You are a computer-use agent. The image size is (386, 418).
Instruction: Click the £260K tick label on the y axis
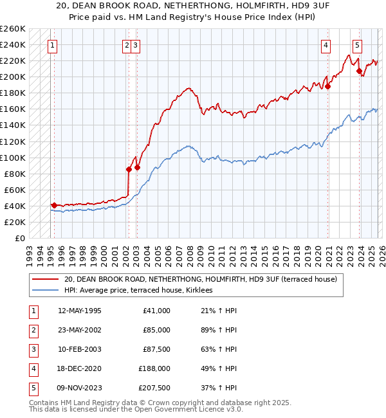tap(13, 29)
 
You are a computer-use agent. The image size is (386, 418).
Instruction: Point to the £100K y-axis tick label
tap(13, 158)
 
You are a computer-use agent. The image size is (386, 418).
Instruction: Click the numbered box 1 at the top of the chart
tap(51, 45)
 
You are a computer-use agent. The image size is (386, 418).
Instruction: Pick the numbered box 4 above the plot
tap(326, 45)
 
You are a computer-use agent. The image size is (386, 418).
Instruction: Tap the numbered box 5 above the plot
tap(357, 45)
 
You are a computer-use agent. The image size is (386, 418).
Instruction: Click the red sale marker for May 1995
tap(54, 205)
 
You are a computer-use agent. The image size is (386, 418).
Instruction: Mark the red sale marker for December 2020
tap(327, 86)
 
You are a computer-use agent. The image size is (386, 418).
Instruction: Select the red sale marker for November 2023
tap(359, 71)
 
